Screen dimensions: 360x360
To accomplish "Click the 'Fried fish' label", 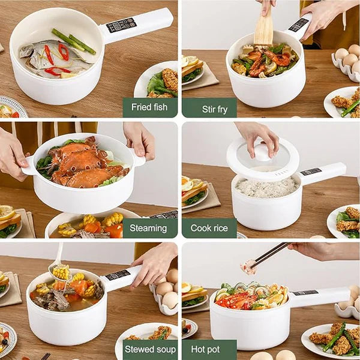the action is tap(149, 107).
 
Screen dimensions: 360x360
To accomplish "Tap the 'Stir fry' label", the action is tap(215, 109).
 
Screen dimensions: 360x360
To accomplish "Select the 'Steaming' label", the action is tap(148, 228).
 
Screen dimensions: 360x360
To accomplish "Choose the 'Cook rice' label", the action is tap(209, 228).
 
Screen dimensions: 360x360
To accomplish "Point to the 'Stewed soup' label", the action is tap(150, 349).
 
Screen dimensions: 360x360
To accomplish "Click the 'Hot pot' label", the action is tap(205, 349).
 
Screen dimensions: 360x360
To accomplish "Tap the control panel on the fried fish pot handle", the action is tap(121, 25).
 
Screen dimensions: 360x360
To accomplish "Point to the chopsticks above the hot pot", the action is tap(270, 255).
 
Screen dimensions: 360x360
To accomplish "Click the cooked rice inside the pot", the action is tap(267, 187).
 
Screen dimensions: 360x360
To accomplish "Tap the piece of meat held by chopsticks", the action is tap(248, 266).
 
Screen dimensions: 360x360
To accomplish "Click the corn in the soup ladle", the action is tap(61, 272).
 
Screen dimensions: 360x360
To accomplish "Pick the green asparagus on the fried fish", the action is tap(73, 41).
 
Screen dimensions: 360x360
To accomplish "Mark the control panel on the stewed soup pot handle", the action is tap(118, 275).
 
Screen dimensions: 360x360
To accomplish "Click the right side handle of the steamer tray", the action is tap(139, 158).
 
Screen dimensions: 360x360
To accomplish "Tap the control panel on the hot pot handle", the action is tap(305, 293).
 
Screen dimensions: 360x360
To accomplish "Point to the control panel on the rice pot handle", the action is tap(311, 172).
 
